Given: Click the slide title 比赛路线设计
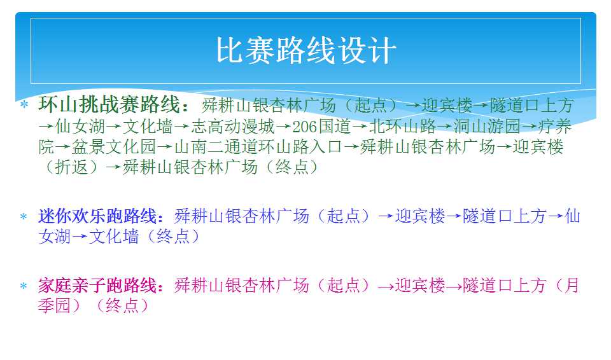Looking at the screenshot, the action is coord(306,50).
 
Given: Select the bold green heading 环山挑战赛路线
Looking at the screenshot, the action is coord(109,104).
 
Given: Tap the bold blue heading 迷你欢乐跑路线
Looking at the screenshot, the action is coord(97,216).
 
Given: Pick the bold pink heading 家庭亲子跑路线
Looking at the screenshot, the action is coord(97,286).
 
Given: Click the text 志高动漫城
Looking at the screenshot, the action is coord(233,126).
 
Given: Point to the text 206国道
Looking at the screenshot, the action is coord(321,126).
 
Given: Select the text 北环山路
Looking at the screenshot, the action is coord(402,126).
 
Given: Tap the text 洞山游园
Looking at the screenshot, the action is coord(487,126).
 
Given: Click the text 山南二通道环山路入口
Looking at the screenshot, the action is coord(258,147).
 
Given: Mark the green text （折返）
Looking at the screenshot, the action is coord(72,167).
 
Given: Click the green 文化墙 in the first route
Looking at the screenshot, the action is coord(148,126).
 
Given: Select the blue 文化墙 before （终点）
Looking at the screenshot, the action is coord(114,237).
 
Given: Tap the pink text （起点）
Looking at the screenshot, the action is coord(343,286).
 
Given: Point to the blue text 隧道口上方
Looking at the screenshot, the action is coord(505,216).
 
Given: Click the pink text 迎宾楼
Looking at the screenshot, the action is coord(420,286).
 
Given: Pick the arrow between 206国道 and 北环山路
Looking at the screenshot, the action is coord(360,127).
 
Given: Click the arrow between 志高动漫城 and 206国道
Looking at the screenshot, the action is coord(283,127).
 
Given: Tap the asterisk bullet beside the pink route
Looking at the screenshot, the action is coord(24,286).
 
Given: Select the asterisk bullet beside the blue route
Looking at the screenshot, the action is coord(24,217).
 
